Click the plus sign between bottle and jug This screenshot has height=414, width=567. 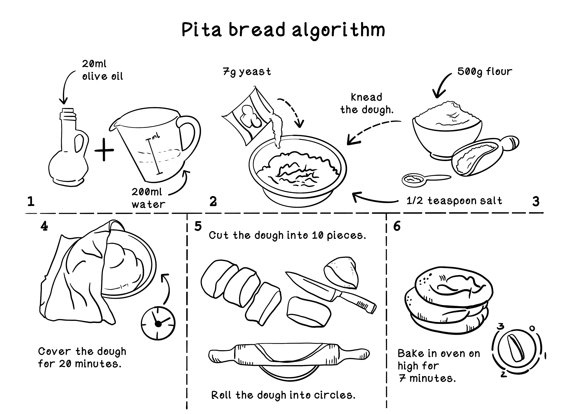click(x=104, y=150)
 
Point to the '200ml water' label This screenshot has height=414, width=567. click(x=148, y=198)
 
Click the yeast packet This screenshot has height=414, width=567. click(x=247, y=117)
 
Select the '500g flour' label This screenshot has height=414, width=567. click(x=484, y=72)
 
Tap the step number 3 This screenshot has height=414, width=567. click(x=536, y=202)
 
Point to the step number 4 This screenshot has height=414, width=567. click(x=44, y=226)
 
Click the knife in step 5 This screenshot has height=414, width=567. click(x=331, y=292)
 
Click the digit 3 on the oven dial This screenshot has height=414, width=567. click(x=501, y=326)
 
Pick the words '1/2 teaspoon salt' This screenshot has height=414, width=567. click(x=454, y=201)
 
